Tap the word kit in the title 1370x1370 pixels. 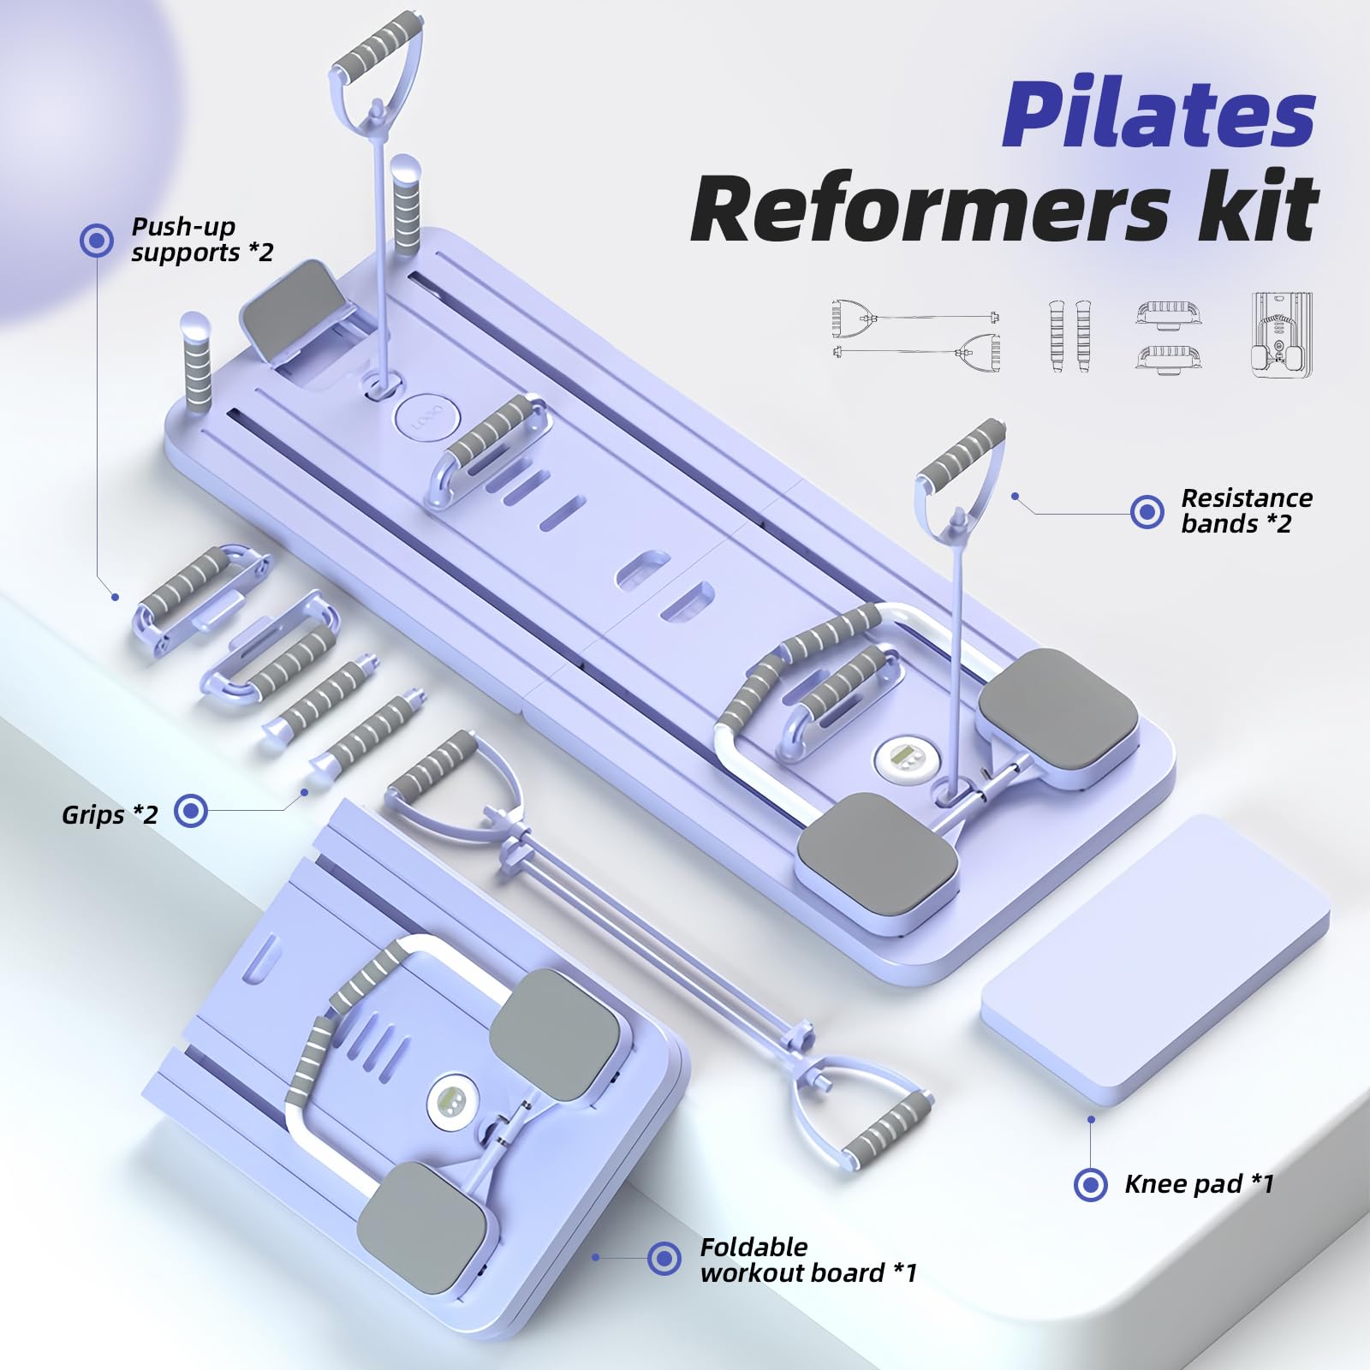[x=1255, y=208]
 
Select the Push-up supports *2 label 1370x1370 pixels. [x=202, y=240]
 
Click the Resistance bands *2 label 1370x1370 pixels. [x=1246, y=511]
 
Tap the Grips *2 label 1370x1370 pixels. [x=110, y=814]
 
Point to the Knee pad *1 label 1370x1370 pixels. [x=1199, y=1184]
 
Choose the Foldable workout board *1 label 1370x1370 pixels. [x=807, y=1260]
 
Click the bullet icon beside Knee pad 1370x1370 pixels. [x=1090, y=1185]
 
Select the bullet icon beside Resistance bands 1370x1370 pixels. [x=1147, y=512]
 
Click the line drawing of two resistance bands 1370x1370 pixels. [x=915, y=334]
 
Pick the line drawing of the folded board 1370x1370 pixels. [x=1281, y=334]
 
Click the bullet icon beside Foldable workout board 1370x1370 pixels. [x=664, y=1259]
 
